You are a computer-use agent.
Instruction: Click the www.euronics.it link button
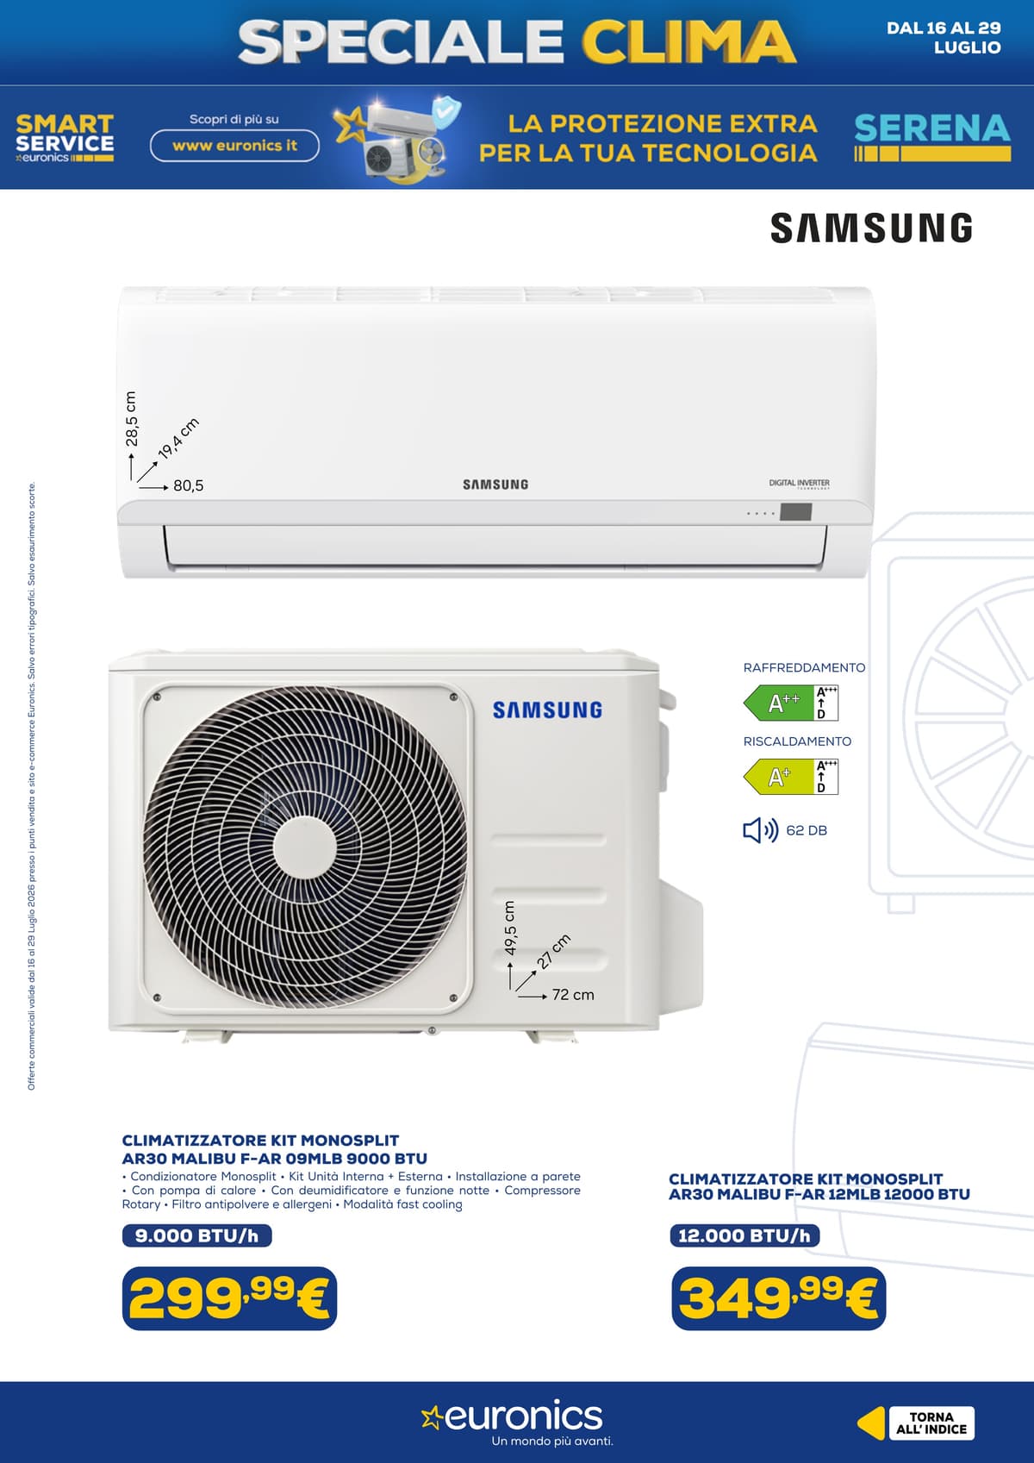tap(234, 146)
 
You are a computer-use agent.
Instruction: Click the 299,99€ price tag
tap(229, 1297)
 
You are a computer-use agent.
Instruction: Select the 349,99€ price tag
tap(779, 1297)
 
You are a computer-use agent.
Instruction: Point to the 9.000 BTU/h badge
tap(196, 1235)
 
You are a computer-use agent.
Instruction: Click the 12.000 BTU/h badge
tap(744, 1235)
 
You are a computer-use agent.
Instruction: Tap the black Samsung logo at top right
tap(871, 228)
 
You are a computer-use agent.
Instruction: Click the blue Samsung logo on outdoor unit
tap(547, 710)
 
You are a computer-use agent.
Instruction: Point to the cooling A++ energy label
tap(790, 703)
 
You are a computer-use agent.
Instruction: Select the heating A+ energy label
tap(790, 777)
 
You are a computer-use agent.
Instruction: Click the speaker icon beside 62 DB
tap(761, 830)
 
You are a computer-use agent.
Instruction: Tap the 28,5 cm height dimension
tap(131, 419)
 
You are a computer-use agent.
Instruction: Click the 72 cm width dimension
tap(572, 995)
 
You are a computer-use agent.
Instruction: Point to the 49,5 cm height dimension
tap(510, 928)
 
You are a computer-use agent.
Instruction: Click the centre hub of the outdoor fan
tap(304, 847)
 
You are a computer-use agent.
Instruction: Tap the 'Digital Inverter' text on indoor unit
tap(799, 484)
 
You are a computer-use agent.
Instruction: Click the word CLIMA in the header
tap(688, 41)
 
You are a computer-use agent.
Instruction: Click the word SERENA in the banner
tap(932, 128)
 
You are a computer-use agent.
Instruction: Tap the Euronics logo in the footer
tap(513, 1416)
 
